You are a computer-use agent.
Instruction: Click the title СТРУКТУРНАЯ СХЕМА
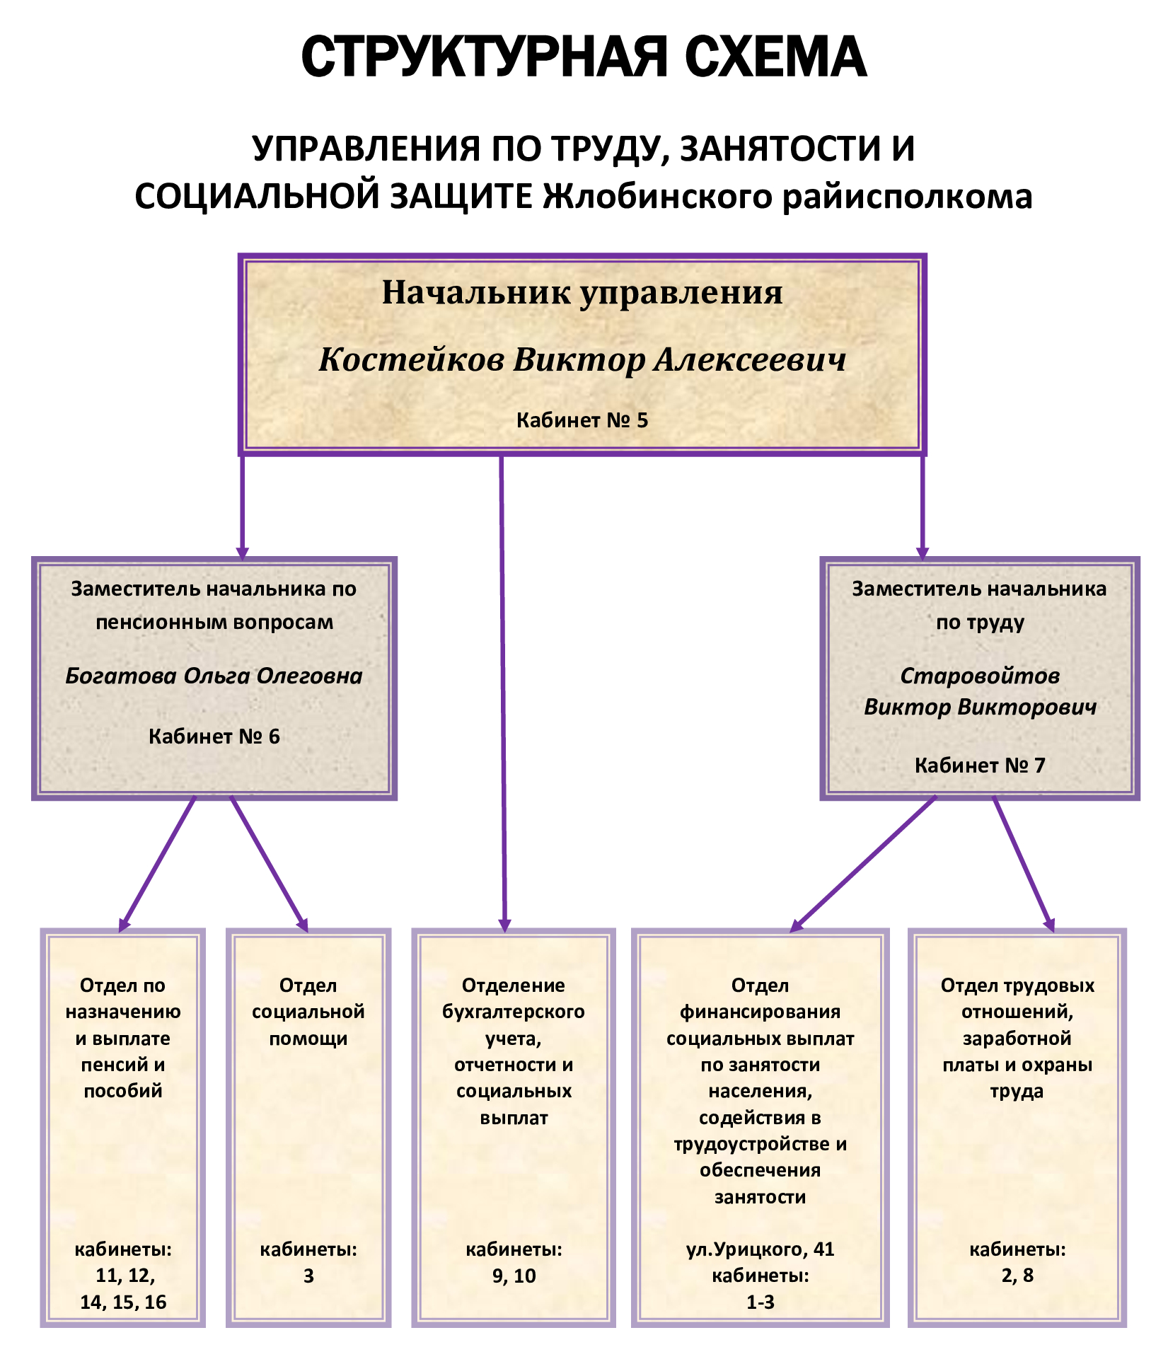click(x=584, y=57)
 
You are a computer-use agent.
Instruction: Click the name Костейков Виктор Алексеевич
click(x=582, y=359)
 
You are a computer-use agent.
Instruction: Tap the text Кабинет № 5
click(x=582, y=420)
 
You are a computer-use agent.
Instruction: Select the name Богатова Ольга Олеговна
click(x=214, y=676)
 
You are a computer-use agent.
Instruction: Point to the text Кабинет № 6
click(x=214, y=736)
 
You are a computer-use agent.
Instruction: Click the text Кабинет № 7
click(x=980, y=765)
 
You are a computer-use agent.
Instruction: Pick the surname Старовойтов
click(x=980, y=676)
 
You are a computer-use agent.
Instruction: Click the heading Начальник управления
click(x=582, y=293)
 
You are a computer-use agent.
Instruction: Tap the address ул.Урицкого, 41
click(x=761, y=1249)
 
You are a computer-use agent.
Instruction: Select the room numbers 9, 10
click(x=514, y=1276)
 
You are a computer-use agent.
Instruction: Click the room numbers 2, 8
click(x=1017, y=1276)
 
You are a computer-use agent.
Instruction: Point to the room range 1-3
click(x=761, y=1302)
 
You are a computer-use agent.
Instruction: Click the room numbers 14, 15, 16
click(x=123, y=1302)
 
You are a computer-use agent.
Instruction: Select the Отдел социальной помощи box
click(x=308, y=1128)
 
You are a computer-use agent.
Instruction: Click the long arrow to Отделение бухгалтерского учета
click(x=503, y=693)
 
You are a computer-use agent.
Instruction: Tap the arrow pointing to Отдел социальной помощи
click(x=270, y=864)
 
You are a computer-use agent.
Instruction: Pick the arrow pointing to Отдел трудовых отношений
click(x=1024, y=864)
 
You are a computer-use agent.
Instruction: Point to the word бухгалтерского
click(x=514, y=1012)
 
